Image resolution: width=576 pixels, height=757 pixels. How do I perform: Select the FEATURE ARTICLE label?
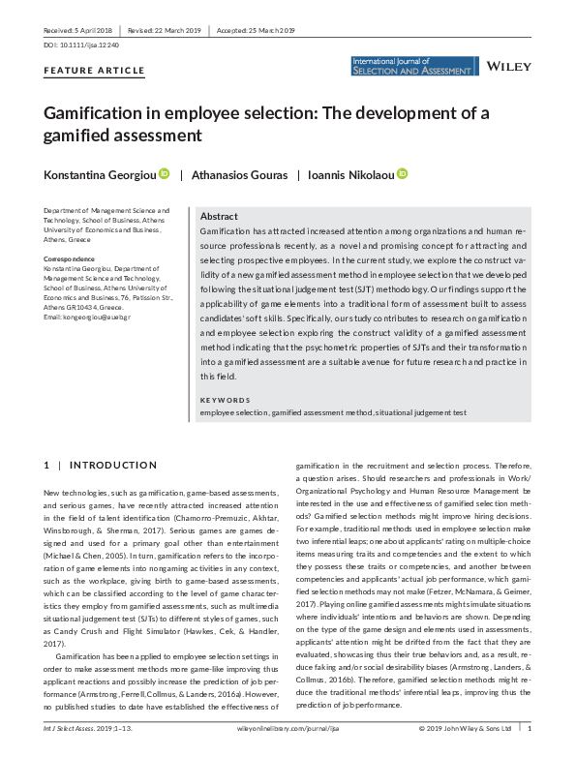point(95,71)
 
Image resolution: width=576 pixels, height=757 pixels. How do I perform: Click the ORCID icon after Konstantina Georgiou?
point(165,173)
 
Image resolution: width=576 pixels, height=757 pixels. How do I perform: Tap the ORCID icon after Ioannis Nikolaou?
point(402,173)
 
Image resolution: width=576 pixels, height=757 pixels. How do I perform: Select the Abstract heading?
point(219,217)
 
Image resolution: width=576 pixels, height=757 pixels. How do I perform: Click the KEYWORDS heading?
point(225,400)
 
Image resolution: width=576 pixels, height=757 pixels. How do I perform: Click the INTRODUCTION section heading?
point(113,466)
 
